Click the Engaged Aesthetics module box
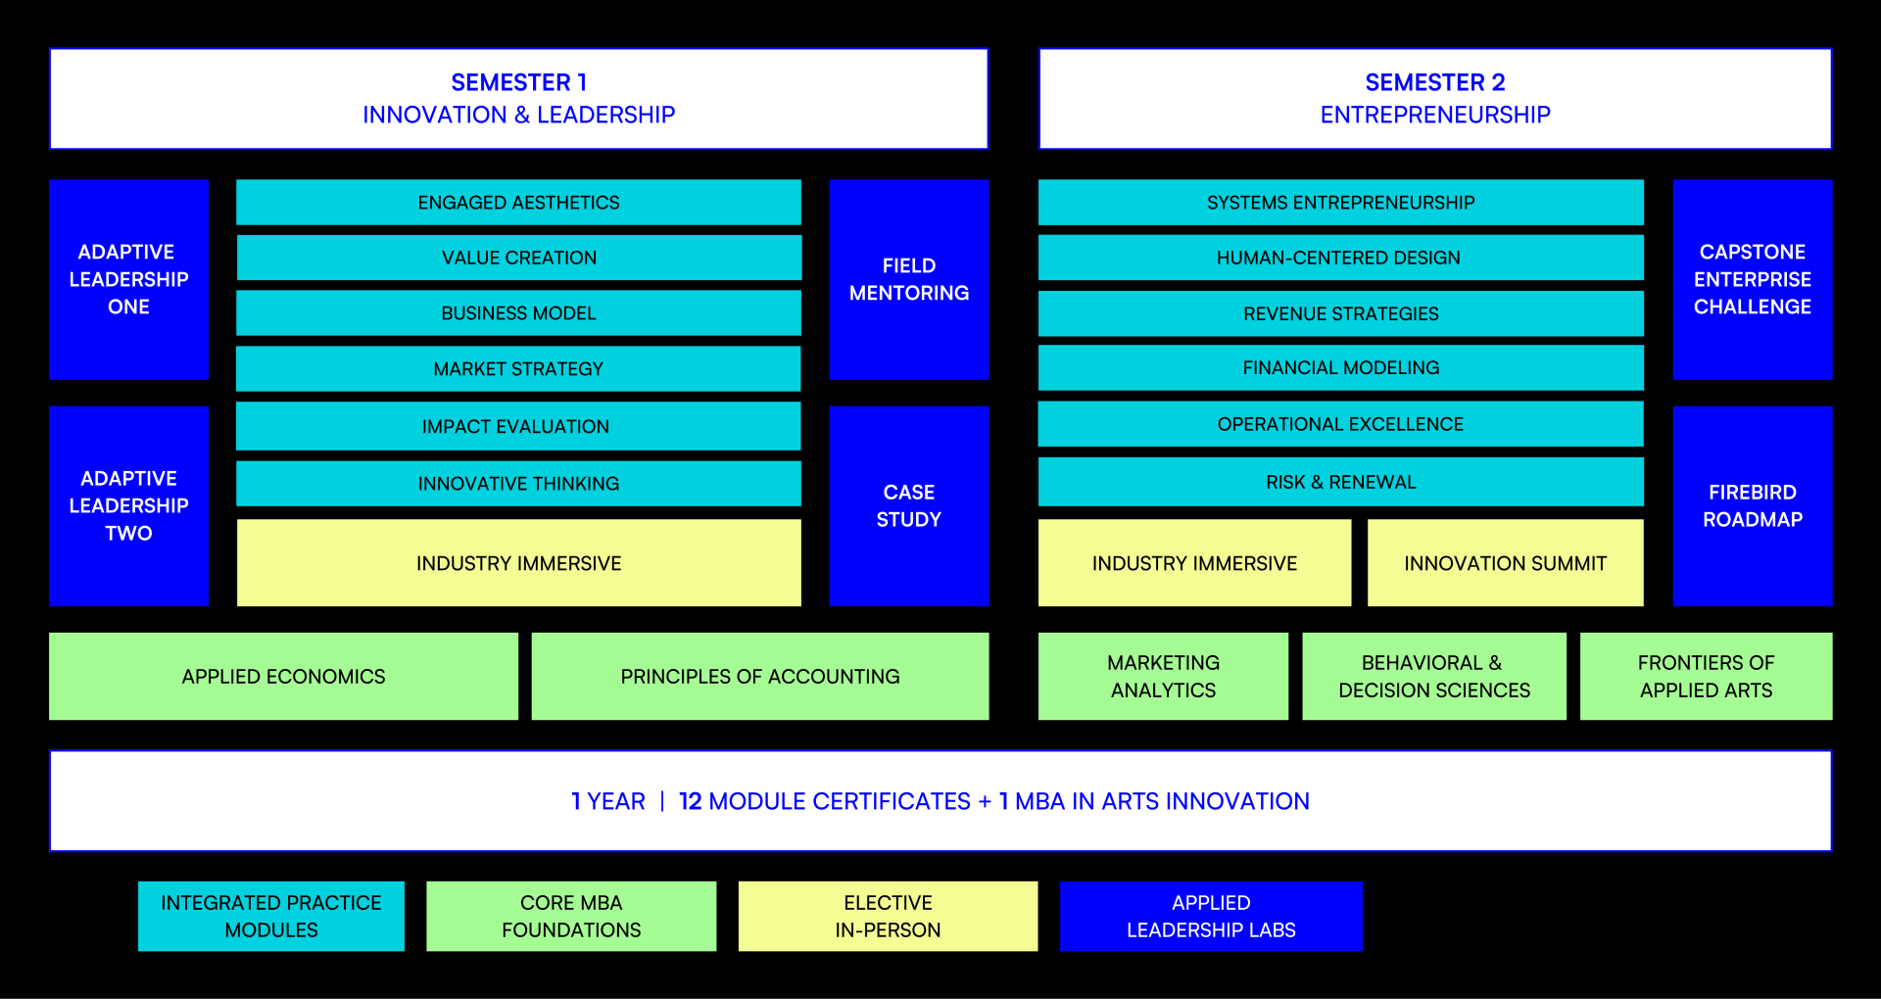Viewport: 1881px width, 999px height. [x=518, y=203]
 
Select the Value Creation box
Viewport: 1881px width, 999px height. [x=518, y=258]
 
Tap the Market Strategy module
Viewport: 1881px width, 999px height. [x=518, y=368]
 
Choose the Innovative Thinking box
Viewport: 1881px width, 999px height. [x=518, y=484]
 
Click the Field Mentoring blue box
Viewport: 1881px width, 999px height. [x=908, y=279]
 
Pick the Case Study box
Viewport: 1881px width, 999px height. [x=908, y=505]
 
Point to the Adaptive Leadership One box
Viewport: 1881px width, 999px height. [x=128, y=279]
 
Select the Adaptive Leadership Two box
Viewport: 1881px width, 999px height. [x=128, y=505]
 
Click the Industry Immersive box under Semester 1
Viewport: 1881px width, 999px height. [x=518, y=563]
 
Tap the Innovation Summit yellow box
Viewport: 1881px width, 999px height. [x=1505, y=563]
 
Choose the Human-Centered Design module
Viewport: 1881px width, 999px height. [x=1339, y=258]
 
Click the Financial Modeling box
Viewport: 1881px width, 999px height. [x=1339, y=368]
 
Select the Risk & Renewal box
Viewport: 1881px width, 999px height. [x=1339, y=482]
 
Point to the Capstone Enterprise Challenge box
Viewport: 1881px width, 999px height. [x=1752, y=279]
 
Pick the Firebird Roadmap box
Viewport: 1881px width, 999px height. [x=1752, y=505]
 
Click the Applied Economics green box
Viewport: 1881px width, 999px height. [x=283, y=676]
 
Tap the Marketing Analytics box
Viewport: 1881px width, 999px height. [x=1163, y=676]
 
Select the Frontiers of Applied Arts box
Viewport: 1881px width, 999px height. [x=1706, y=676]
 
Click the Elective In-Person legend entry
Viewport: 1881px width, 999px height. [x=888, y=916]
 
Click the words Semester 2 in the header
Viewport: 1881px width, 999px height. [x=1434, y=82]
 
